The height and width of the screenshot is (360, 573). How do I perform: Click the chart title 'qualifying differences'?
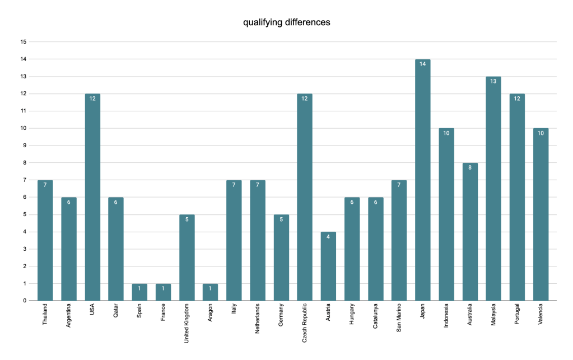286,22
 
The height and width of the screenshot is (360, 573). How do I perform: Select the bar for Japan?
423,180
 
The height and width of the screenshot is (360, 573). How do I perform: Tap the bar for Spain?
140,292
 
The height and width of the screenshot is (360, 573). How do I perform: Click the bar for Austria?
328,266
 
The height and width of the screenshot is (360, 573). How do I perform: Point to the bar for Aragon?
211,292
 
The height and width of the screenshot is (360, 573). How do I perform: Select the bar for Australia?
470,232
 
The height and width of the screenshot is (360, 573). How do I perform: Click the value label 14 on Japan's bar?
423,64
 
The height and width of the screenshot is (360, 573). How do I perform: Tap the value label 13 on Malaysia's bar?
493,81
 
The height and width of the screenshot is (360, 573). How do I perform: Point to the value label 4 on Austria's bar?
328,236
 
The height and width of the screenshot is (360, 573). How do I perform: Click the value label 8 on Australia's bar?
470,167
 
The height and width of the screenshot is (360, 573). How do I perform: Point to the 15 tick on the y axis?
23,42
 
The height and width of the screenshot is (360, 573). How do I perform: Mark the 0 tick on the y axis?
25,301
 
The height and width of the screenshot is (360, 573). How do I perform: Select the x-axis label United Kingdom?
187,325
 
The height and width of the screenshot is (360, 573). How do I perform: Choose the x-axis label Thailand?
45,317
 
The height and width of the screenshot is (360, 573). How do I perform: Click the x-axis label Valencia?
541,317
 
